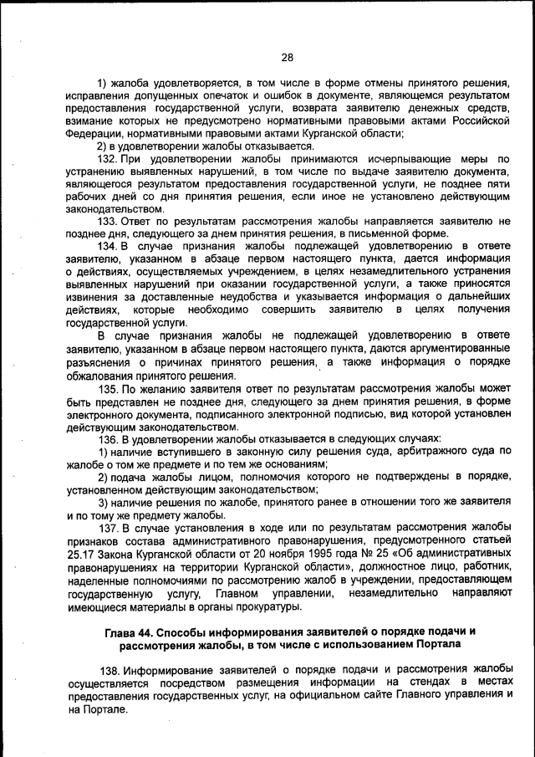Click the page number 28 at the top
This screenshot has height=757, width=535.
287,58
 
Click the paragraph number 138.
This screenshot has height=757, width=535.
110,672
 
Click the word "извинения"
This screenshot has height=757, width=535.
92,295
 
